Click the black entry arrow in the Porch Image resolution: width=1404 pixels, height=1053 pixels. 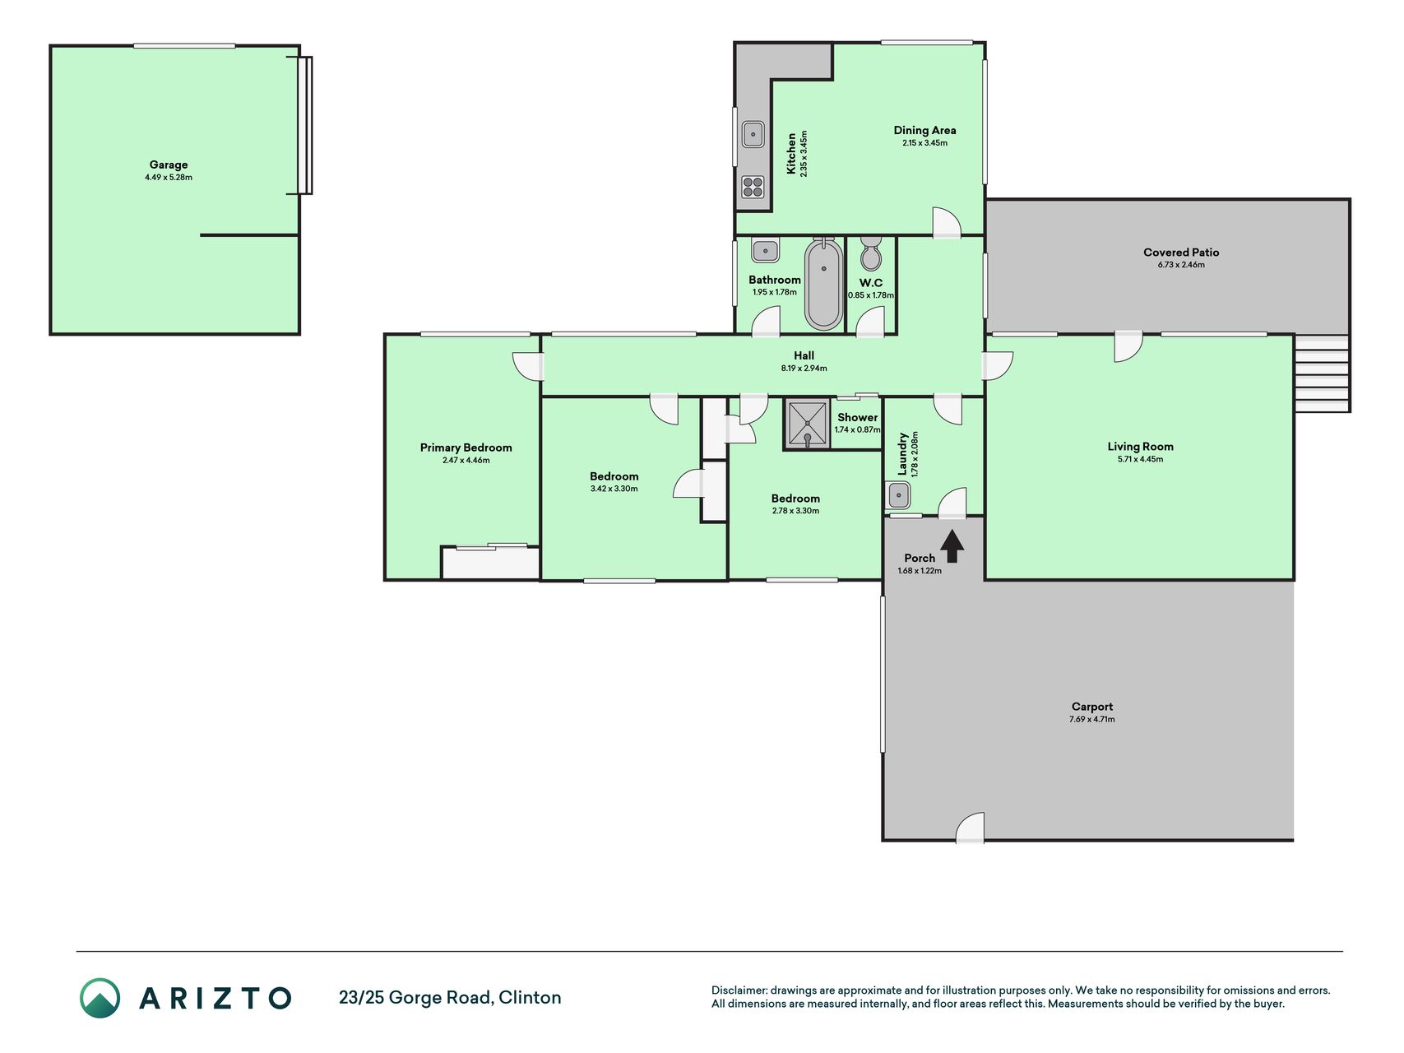952,545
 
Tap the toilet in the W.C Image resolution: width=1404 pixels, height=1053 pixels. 870,253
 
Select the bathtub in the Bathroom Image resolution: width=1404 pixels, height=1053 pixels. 823,283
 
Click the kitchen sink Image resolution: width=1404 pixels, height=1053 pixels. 753,134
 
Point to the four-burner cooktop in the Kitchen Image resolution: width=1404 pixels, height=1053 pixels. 753,187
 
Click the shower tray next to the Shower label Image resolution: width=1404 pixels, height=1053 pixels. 807,424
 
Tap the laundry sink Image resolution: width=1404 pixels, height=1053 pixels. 898,495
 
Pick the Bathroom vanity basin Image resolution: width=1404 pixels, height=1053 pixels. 765,250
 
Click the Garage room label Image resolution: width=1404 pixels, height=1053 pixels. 169,165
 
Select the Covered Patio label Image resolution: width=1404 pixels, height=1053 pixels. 1181,253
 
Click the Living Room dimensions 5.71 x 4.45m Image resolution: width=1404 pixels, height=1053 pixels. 1140,459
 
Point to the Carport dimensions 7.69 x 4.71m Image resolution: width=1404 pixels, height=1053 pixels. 1092,719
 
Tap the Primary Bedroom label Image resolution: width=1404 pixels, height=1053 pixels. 466,448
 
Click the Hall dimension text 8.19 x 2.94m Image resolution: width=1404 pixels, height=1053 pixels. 804,368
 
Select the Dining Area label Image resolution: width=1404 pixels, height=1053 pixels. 924,130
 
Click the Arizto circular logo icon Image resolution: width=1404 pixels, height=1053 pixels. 100,998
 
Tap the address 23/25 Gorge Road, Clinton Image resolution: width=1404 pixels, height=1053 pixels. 450,998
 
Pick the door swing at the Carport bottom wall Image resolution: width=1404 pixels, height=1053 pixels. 970,828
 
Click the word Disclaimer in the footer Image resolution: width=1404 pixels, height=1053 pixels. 739,990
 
